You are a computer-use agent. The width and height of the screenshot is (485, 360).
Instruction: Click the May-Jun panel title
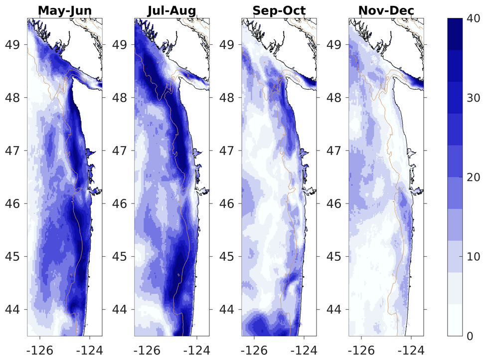tap(64, 10)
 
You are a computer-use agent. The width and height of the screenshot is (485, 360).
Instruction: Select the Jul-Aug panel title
tap(171, 10)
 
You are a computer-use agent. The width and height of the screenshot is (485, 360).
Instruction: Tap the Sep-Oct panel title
tap(278, 10)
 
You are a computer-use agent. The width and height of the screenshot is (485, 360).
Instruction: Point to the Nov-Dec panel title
tap(385, 10)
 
